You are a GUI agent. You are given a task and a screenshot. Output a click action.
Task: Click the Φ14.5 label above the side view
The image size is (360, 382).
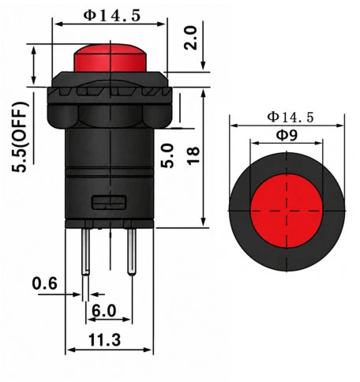pos(112,16)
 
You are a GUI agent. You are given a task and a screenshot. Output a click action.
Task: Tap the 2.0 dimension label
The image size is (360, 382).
pos(190,38)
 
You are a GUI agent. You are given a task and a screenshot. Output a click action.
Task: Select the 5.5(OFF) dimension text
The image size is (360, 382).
pos(20,137)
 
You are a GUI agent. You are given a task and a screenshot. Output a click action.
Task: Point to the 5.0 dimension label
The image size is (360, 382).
pos(167,155)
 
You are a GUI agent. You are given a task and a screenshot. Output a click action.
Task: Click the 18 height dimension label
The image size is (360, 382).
pos(193,156)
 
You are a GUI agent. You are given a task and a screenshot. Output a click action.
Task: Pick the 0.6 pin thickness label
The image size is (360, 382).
pos(44,283)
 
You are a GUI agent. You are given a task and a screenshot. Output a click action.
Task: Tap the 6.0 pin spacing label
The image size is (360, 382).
pos(103,310)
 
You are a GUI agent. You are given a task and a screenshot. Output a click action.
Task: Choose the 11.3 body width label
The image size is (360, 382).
pos(104,340)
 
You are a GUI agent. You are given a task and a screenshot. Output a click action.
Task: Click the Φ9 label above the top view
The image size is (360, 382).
pos(287,135)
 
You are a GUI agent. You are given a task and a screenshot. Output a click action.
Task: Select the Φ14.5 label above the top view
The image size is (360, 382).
pos(291,117)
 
